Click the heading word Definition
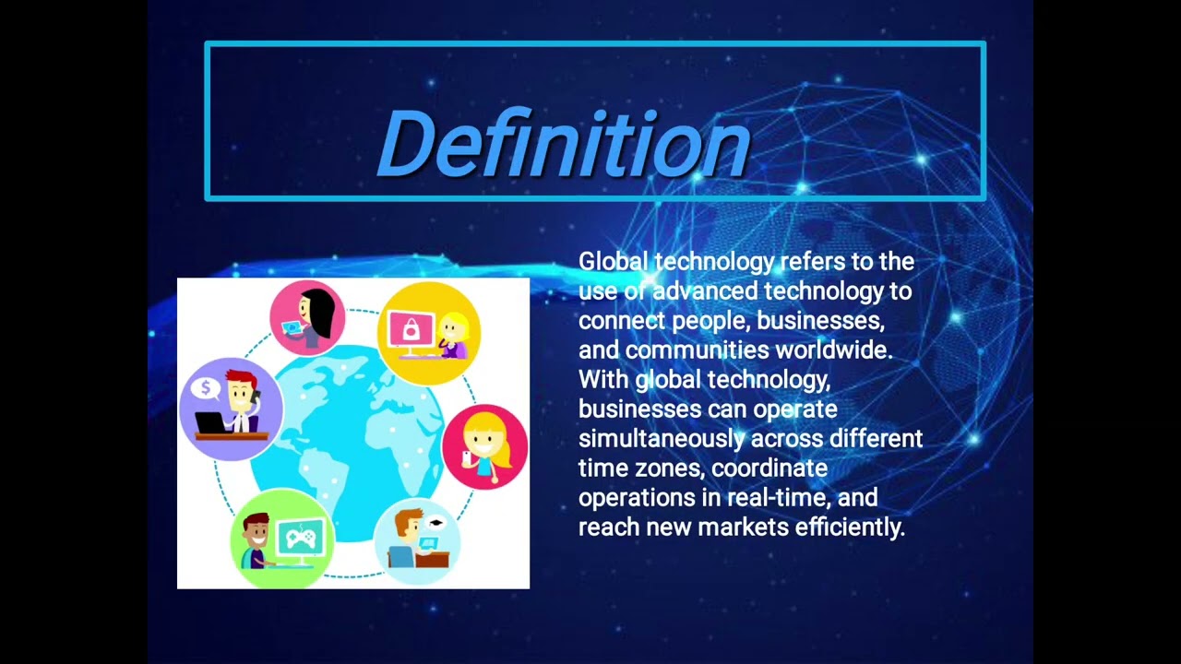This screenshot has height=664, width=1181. (x=563, y=145)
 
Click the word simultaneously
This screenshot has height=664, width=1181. (x=661, y=438)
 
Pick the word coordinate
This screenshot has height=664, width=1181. (x=769, y=468)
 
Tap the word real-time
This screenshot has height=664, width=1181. (x=779, y=498)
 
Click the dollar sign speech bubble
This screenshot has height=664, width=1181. (x=205, y=386)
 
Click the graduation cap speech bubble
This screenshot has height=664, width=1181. (x=435, y=523)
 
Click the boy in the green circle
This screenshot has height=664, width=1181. (x=256, y=539)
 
